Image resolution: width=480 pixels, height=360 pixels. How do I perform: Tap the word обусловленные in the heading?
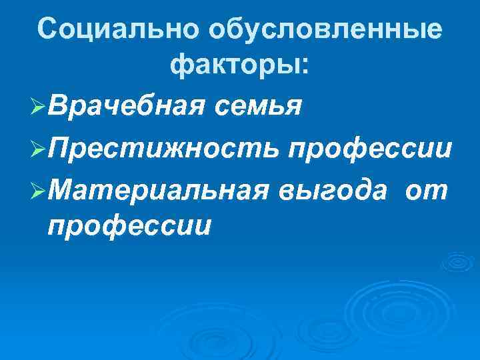[x=325, y=30]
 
